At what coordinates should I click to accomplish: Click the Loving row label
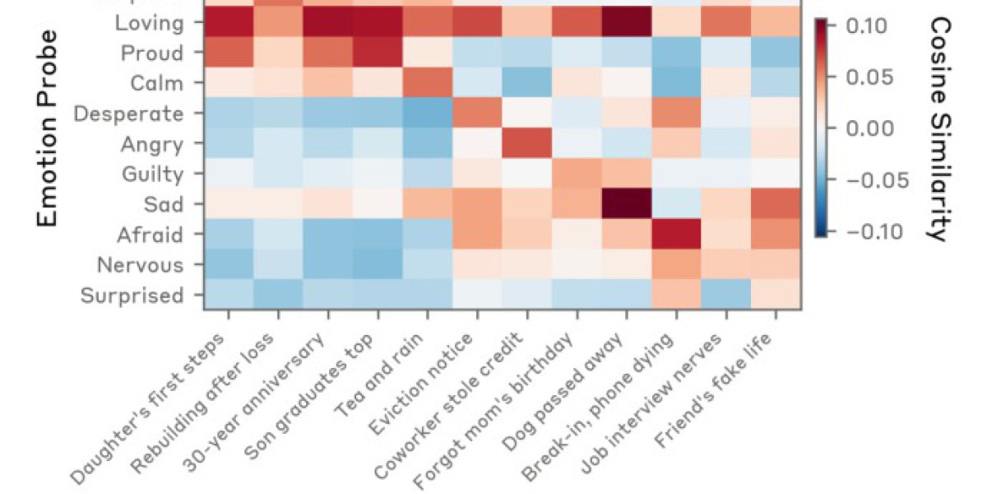[151, 22]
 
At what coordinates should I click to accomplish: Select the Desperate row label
[128, 114]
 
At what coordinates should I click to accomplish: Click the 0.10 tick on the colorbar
[864, 26]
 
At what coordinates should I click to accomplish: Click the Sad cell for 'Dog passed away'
[627, 204]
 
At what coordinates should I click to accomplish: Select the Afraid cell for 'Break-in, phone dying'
[676, 235]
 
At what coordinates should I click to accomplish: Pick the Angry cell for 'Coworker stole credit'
[527, 144]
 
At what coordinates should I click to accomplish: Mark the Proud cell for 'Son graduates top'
[378, 53]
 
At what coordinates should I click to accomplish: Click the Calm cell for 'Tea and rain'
[428, 83]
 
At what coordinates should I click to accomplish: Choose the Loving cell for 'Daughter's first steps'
[229, 22]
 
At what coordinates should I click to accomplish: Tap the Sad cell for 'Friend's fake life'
[776, 204]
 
